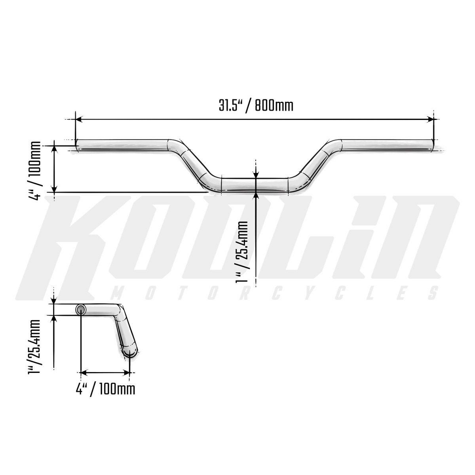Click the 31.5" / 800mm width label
(x=256, y=106)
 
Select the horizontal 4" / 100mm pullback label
(x=105, y=389)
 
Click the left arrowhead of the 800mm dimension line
(x=79, y=120)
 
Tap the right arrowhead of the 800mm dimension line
(x=430, y=120)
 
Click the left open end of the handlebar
(x=77, y=145)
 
